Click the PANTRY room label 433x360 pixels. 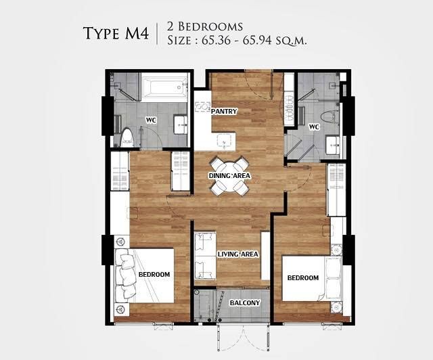224,112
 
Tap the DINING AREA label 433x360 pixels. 229,176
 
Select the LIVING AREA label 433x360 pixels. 237,254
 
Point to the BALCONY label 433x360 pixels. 245,302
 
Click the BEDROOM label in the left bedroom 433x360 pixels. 154,274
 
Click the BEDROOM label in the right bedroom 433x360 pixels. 303,277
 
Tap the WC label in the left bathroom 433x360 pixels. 151,120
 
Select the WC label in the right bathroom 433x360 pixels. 314,127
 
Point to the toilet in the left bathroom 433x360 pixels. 128,137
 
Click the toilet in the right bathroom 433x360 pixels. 331,117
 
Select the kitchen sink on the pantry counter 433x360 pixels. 225,141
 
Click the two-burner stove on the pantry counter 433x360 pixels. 202,107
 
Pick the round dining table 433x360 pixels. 229,176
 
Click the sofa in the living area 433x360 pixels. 205,256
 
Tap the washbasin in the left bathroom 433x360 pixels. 181,125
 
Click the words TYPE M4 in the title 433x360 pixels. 116,33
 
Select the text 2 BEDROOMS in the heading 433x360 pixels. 205,26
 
